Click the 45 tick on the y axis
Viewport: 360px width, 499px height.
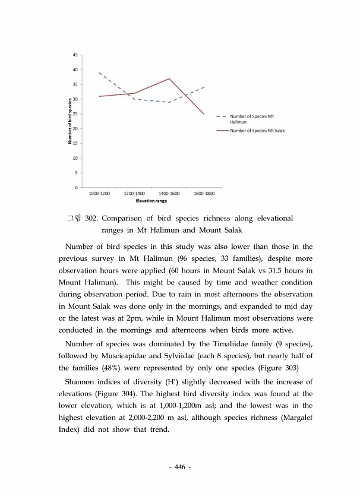pos(75,55)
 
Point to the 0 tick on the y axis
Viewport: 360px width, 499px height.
pos(76,188)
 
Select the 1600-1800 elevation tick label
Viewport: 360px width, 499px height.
pos(204,194)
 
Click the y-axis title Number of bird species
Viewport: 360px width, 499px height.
pos(70,121)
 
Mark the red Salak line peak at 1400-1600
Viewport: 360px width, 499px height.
pos(170,78)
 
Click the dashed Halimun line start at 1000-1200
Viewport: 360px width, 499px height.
pos(99,72)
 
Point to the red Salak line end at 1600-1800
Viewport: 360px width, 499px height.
pos(204,114)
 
